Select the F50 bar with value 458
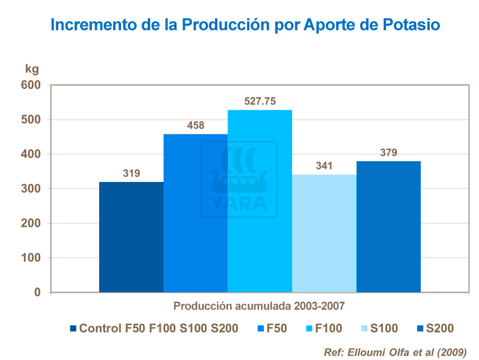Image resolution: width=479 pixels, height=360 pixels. click(x=196, y=213)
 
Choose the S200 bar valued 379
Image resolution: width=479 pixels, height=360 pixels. click(x=388, y=226)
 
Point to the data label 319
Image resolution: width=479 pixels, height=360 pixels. click(x=131, y=174)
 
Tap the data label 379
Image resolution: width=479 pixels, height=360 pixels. click(x=388, y=153)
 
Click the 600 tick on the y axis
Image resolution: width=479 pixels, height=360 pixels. click(x=31, y=85)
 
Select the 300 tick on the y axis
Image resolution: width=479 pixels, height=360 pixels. click(x=31, y=189)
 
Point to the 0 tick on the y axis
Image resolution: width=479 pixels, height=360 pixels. click(x=38, y=292)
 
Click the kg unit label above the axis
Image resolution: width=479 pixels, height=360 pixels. click(x=32, y=69)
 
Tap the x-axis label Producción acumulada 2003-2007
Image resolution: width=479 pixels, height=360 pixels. click(x=258, y=306)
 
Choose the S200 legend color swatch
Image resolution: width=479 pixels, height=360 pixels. click(x=420, y=329)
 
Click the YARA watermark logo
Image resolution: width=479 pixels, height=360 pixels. click(x=239, y=179)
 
